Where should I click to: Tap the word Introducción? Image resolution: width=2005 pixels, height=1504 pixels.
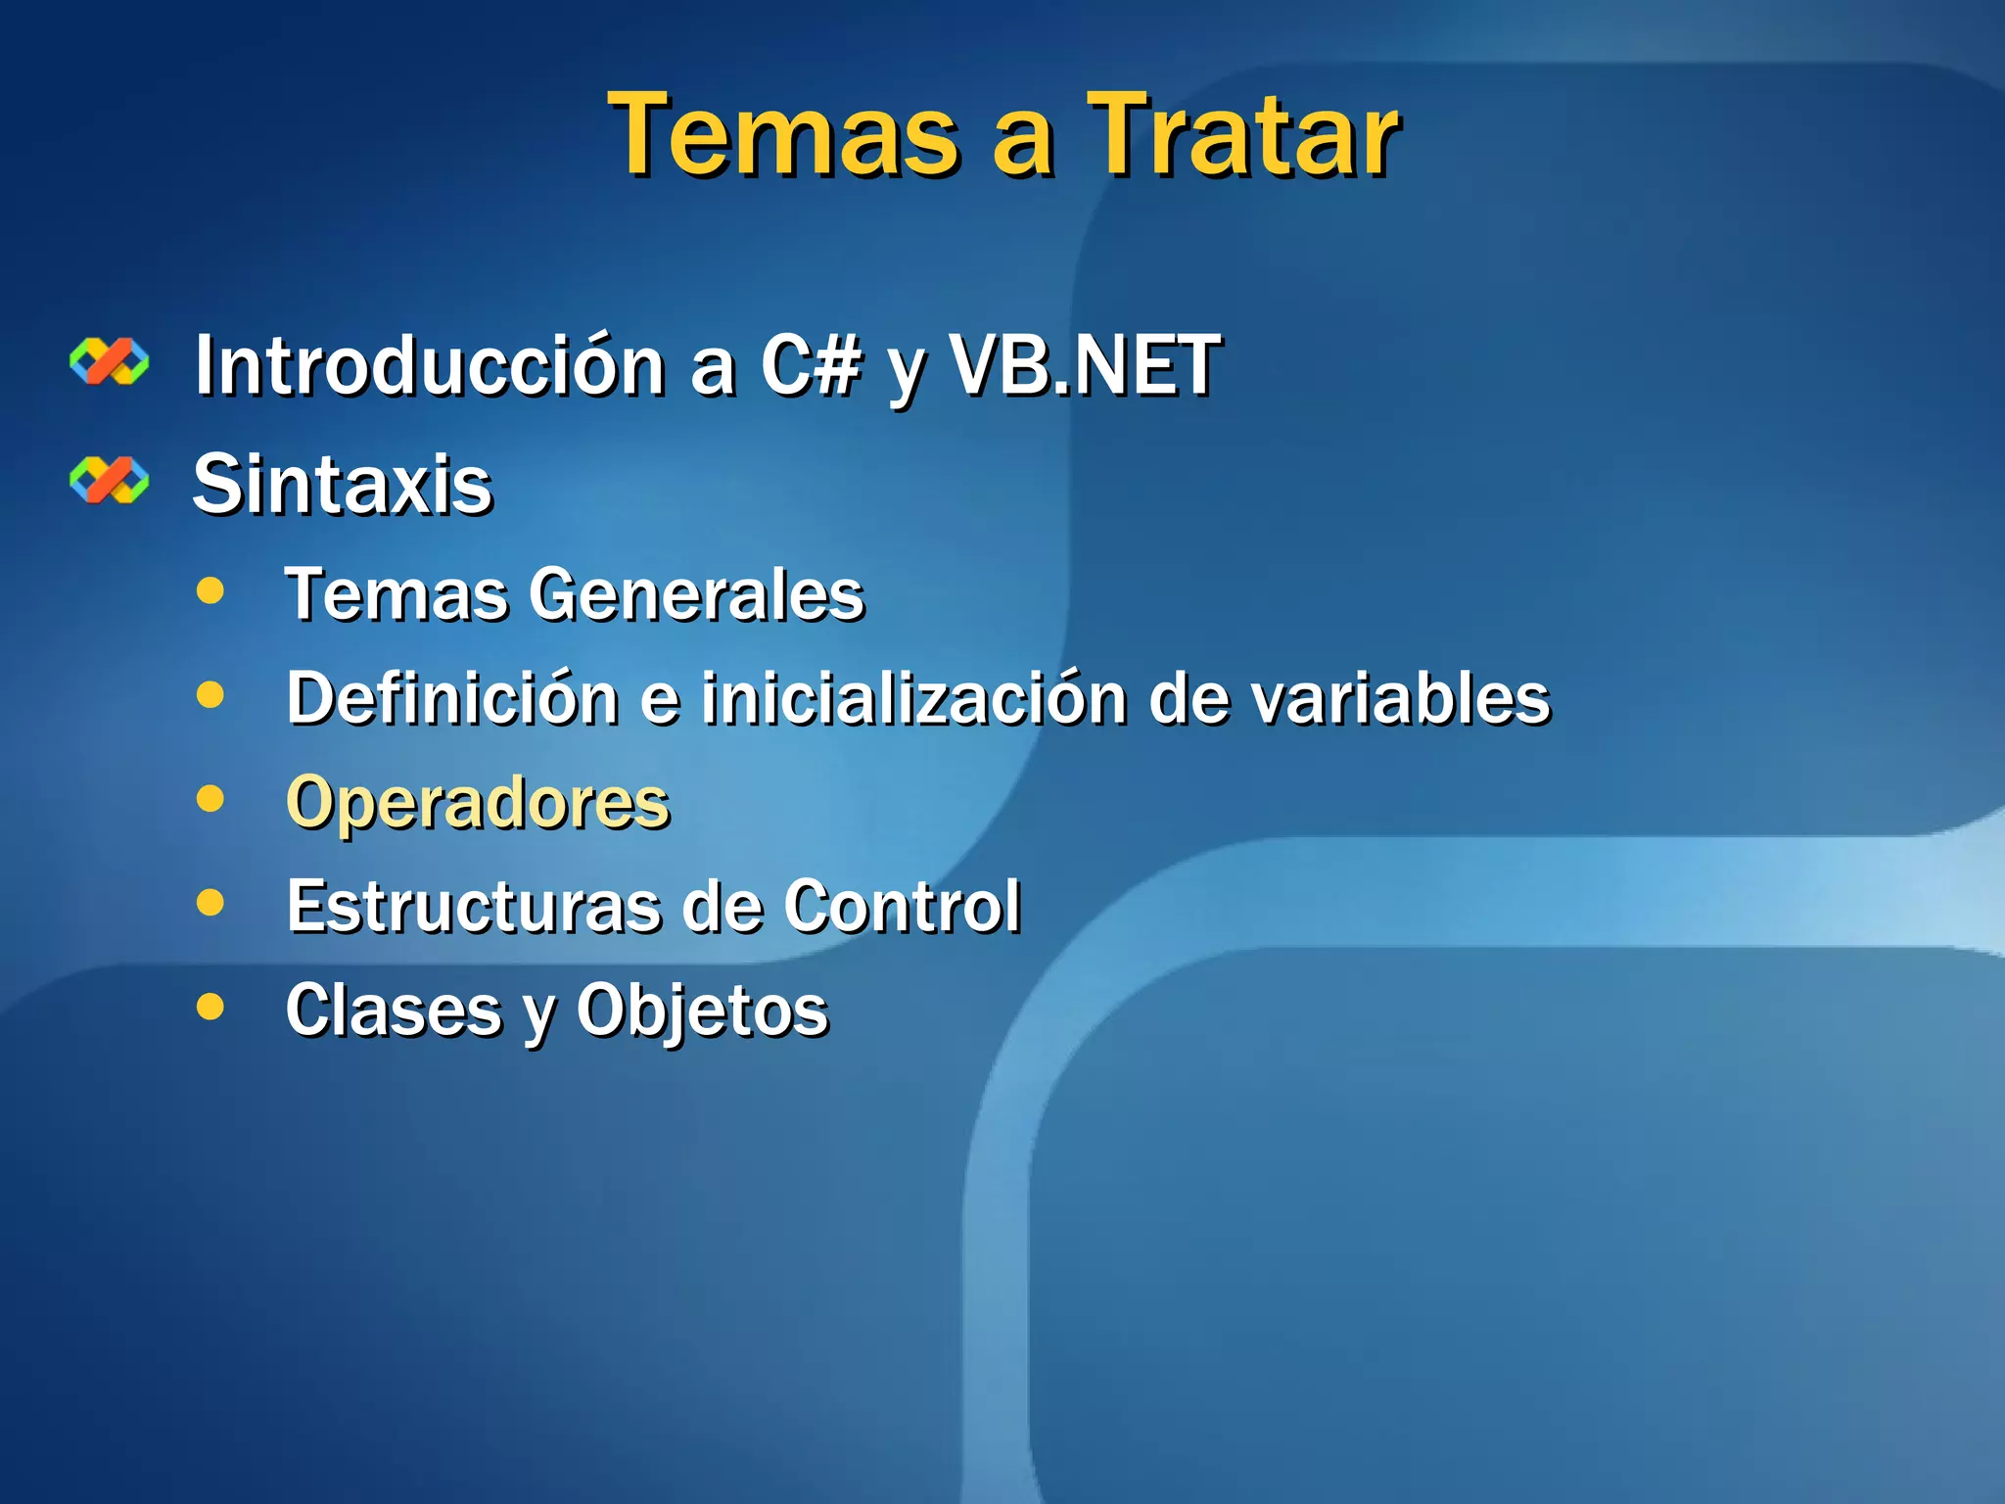(x=431, y=366)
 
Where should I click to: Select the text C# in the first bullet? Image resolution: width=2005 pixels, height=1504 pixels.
(x=812, y=366)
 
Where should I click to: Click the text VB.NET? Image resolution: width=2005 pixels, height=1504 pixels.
(x=1085, y=366)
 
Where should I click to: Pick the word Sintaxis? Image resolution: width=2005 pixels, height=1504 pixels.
(x=343, y=485)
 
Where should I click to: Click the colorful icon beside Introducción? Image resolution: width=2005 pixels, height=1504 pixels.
(x=110, y=361)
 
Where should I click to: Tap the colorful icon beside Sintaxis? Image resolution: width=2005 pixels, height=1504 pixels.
(x=110, y=480)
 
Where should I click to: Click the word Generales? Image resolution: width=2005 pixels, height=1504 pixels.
(x=697, y=595)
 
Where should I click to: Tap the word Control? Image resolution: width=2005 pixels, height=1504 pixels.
(x=902, y=907)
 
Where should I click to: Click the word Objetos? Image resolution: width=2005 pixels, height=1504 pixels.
(x=702, y=1010)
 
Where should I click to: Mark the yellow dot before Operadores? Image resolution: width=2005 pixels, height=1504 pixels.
(x=210, y=798)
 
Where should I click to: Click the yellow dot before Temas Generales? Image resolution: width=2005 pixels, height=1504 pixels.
(x=210, y=590)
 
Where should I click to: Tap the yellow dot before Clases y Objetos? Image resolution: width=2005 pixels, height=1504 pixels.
(x=210, y=1006)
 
